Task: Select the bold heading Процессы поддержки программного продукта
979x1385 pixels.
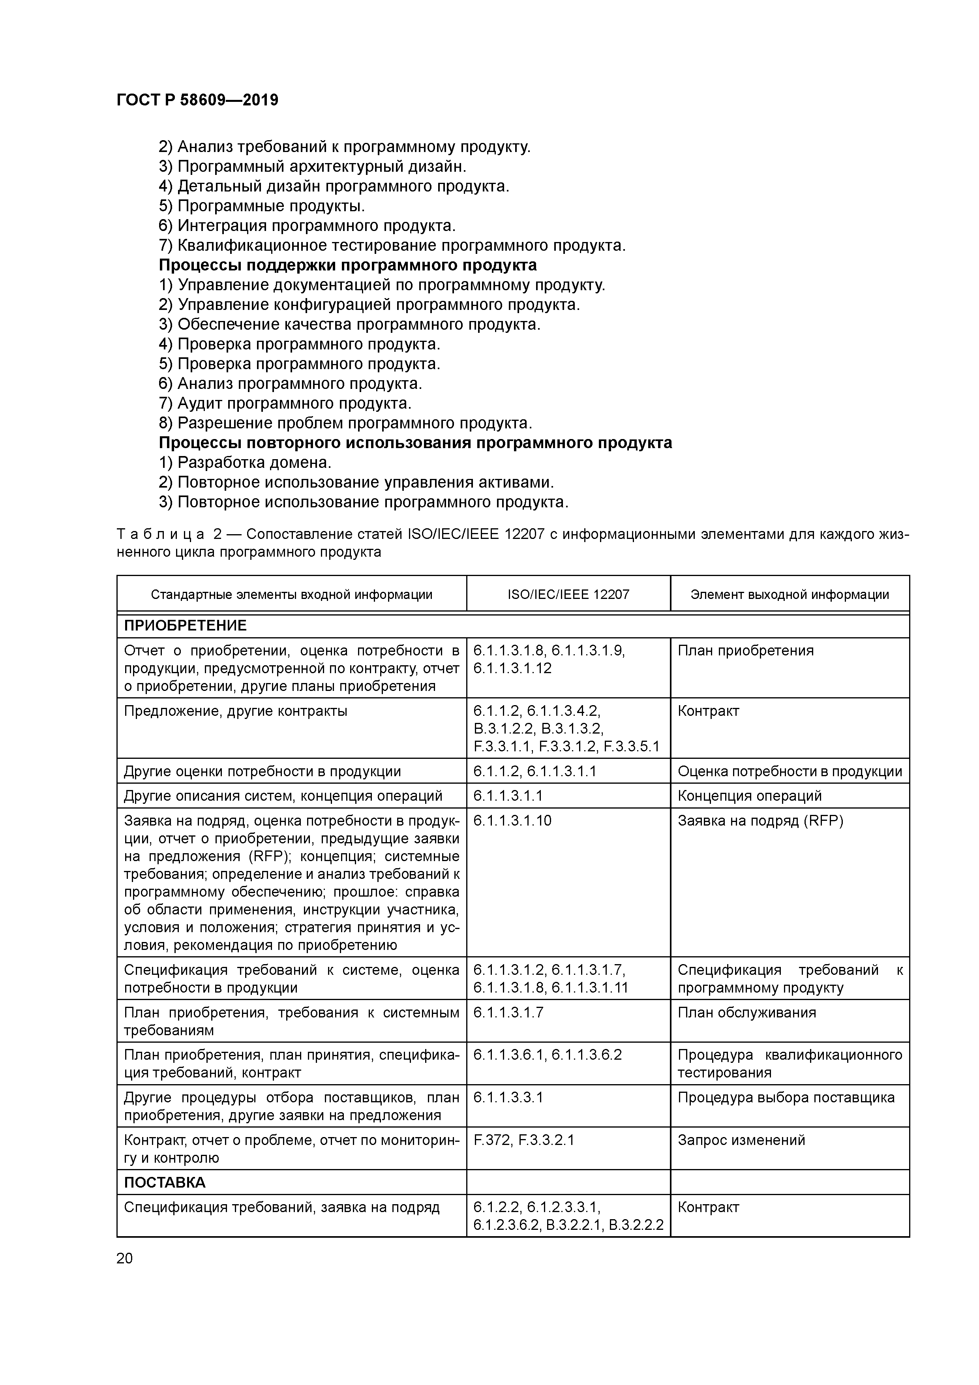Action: pyautogui.click(x=347, y=265)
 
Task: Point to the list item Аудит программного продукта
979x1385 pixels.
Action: pyautogui.click(x=285, y=403)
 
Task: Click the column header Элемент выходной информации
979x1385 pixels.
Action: pyautogui.click(x=789, y=595)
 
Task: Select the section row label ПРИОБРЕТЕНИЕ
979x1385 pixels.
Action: pyautogui.click(x=185, y=625)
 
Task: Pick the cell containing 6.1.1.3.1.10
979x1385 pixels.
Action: pyautogui.click(x=512, y=821)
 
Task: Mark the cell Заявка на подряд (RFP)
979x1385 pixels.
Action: pyautogui.click(x=760, y=821)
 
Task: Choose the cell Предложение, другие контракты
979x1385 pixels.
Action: pyautogui.click(x=235, y=711)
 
